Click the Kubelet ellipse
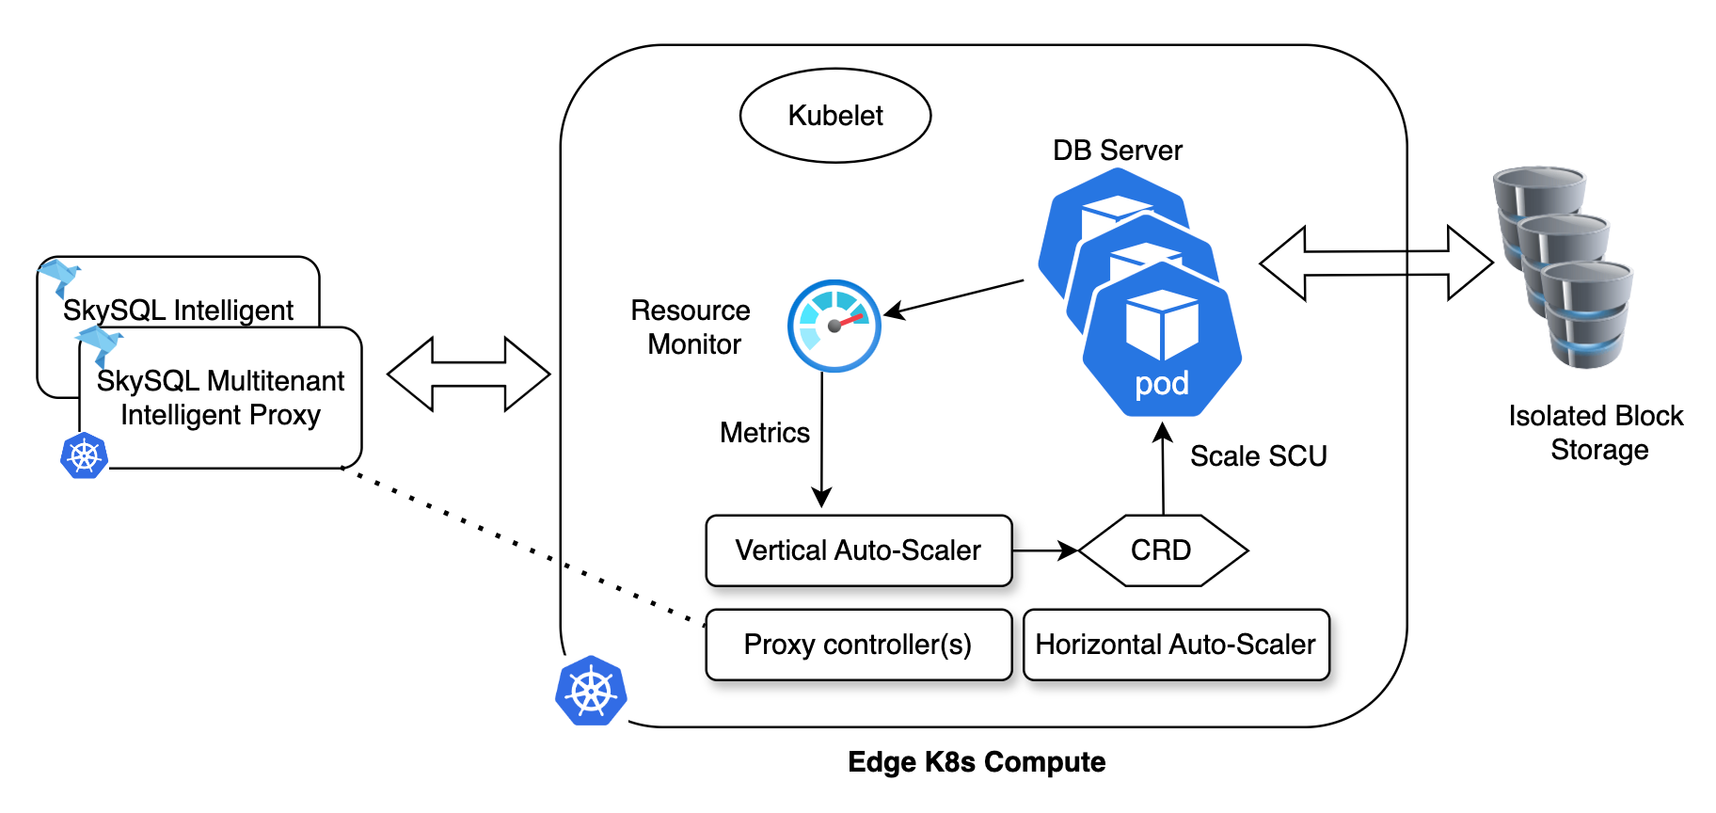tap(835, 116)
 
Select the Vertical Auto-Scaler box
tap(858, 550)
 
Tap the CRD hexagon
tap(1162, 550)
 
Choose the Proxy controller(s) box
tap(858, 645)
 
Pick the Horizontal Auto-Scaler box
tap(1176, 645)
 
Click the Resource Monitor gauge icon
tap(834, 326)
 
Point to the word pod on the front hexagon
tap(1162, 384)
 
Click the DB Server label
tap(1117, 151)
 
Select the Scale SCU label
tap(1258, 456)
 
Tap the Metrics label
tap(764, 433)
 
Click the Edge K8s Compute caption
tap(977, 762)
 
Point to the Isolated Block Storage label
tap(1597, 433)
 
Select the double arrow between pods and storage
tap(1375, 263)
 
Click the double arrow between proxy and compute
tap(469, 375)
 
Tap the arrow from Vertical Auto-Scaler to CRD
tap(1044, 550)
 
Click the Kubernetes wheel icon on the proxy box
tap(84, 456)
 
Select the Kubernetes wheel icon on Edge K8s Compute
tap(591, 692)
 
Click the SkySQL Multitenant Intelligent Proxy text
tap(221, 398)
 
